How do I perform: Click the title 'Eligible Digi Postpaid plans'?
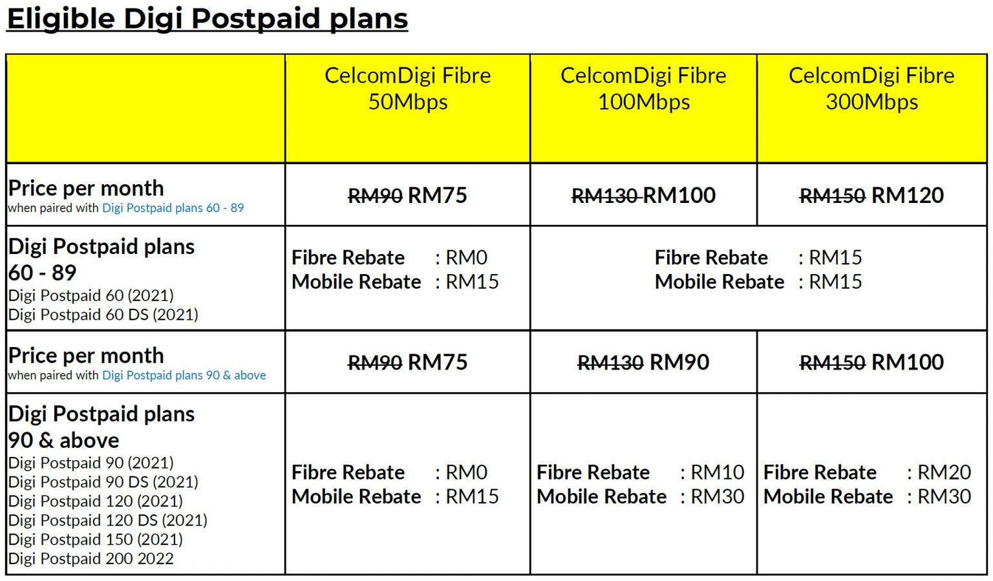tap(207, 19)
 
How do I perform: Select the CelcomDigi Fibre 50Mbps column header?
tap(407, 89)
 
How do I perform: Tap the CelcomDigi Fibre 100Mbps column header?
tap(643, 89)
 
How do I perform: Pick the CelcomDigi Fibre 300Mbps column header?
tap(871, 89)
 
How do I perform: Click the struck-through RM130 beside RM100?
tap(605, 195)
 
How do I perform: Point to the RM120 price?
tap(908, 195)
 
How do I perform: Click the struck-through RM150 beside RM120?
tap(832, 195)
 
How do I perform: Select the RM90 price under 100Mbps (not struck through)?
tap(679, 363)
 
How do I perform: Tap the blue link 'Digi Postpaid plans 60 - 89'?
tap(173, 208)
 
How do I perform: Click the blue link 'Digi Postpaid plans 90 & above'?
tap(184, 375)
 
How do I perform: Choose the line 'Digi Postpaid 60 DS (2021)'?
tap(103, 315)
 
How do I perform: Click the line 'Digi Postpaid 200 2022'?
tap(91, 558)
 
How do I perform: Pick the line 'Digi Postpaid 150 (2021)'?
tap(96, 539)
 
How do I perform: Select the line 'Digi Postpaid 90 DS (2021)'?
tap(103, 482)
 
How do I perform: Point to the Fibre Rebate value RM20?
tap(945, 472)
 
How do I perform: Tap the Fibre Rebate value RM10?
tap(718, 472)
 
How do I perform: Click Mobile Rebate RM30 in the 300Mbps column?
tap(945, 496)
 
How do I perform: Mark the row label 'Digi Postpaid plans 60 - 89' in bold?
tap(101, 259)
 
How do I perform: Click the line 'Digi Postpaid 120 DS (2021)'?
tap(108, 520)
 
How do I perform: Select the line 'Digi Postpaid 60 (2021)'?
tap(91, 295)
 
